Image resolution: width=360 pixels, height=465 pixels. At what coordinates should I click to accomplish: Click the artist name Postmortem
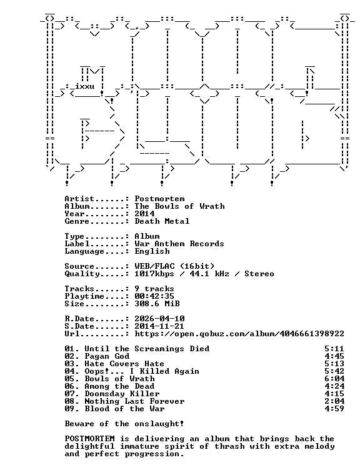159,199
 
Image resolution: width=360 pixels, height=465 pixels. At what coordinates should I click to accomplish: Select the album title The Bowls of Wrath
180,206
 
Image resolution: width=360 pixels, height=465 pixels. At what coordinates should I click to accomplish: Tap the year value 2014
145,214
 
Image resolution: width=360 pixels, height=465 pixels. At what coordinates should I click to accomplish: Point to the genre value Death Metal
162,221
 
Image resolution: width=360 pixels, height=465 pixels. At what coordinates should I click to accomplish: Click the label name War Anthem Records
179,244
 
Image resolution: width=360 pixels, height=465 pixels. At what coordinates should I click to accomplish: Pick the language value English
152,251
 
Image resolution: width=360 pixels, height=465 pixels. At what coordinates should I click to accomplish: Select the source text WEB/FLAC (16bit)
174,266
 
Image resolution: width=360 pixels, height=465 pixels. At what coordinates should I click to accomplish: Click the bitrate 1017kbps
154,274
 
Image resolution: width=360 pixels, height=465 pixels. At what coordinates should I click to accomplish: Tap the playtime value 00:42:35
154,296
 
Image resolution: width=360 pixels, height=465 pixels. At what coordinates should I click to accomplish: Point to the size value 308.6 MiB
157,304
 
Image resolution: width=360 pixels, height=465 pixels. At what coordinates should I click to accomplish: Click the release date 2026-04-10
159,319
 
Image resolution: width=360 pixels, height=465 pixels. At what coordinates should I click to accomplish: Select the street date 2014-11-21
159,326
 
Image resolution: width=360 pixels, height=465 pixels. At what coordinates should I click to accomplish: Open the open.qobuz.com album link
239,334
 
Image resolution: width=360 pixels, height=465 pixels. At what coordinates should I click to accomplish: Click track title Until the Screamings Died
147,349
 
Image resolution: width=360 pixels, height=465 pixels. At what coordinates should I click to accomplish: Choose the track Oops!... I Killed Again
142,371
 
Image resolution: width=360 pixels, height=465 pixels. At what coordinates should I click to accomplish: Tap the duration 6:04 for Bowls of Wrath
334,379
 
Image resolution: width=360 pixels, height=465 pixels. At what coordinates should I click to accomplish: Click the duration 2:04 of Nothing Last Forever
334,401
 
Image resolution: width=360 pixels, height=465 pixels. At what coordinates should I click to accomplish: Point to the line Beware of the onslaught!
124,424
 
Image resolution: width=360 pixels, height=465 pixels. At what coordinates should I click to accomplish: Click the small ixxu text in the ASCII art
85,86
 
